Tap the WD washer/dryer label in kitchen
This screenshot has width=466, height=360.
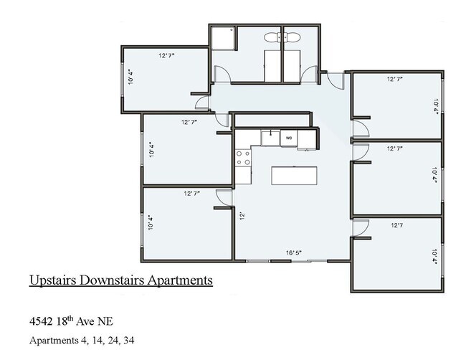click(289, 137)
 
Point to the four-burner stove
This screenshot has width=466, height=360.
click(244, 157)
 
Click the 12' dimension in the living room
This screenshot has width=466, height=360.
click(242, 214)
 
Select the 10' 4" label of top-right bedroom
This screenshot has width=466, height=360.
click(434, 106)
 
